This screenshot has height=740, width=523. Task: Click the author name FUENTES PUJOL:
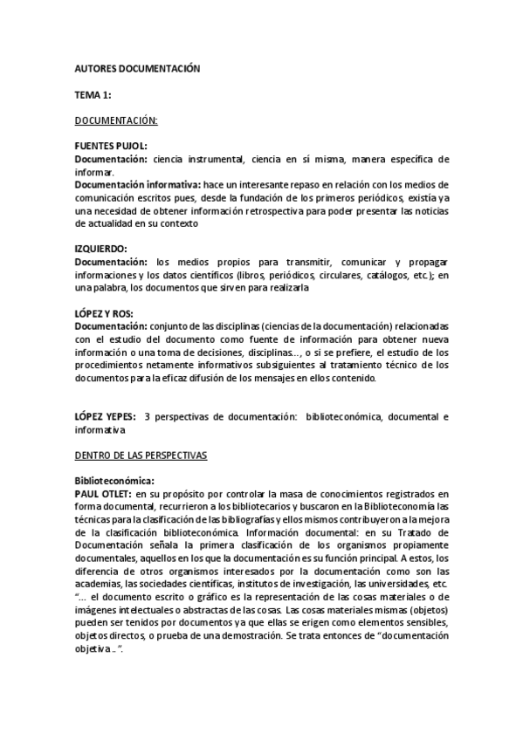110,146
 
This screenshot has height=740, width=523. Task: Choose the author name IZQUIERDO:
100,249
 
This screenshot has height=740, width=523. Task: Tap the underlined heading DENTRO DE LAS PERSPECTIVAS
140,456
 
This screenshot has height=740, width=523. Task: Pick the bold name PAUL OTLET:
102,494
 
